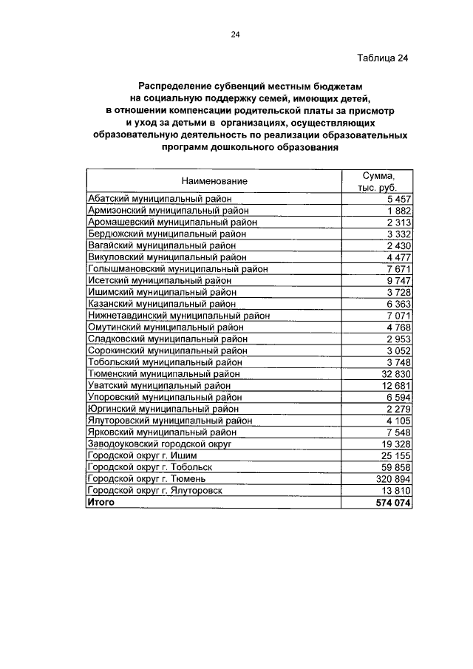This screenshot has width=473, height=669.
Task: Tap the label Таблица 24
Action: tap(382, 58)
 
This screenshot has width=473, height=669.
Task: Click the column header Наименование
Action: tap(214, 181)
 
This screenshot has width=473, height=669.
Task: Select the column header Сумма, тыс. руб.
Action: tap(378, 181)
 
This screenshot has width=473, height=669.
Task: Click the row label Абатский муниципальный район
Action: tap(160, 198)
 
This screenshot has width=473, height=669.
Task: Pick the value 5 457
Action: tap(398, 198)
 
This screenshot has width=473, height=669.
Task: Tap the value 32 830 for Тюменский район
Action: tap(395, 374)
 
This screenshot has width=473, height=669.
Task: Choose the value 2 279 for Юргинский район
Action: tap(398, 409)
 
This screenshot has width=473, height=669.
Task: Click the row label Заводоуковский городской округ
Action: tap(160, 444)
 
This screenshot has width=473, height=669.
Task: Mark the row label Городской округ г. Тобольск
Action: tap(150, 467)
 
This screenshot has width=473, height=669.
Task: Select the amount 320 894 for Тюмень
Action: tap(392, 479)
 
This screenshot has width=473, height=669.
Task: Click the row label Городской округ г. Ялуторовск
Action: tap(154, 490)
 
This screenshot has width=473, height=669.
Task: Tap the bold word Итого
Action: tap(101, 501)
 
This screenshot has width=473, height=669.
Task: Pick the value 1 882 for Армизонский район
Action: tap(398, 210)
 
